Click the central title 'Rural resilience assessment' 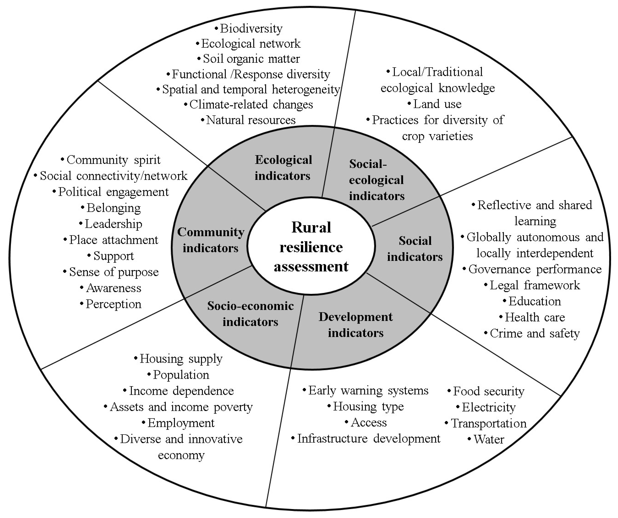311,247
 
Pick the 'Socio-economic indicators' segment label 250,314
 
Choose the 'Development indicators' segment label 356,325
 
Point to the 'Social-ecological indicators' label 377,180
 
